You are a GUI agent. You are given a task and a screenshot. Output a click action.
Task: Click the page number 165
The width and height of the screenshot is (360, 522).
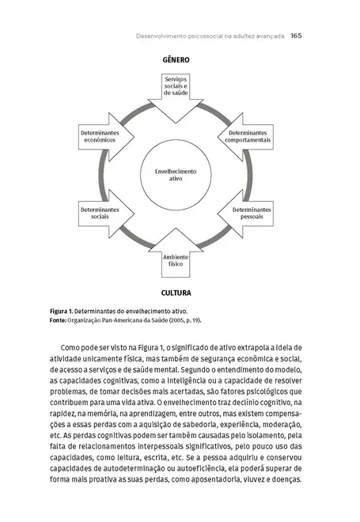[x=297, y=36]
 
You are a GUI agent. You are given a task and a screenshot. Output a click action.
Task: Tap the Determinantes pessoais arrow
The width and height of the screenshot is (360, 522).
[x=252, y=212]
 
